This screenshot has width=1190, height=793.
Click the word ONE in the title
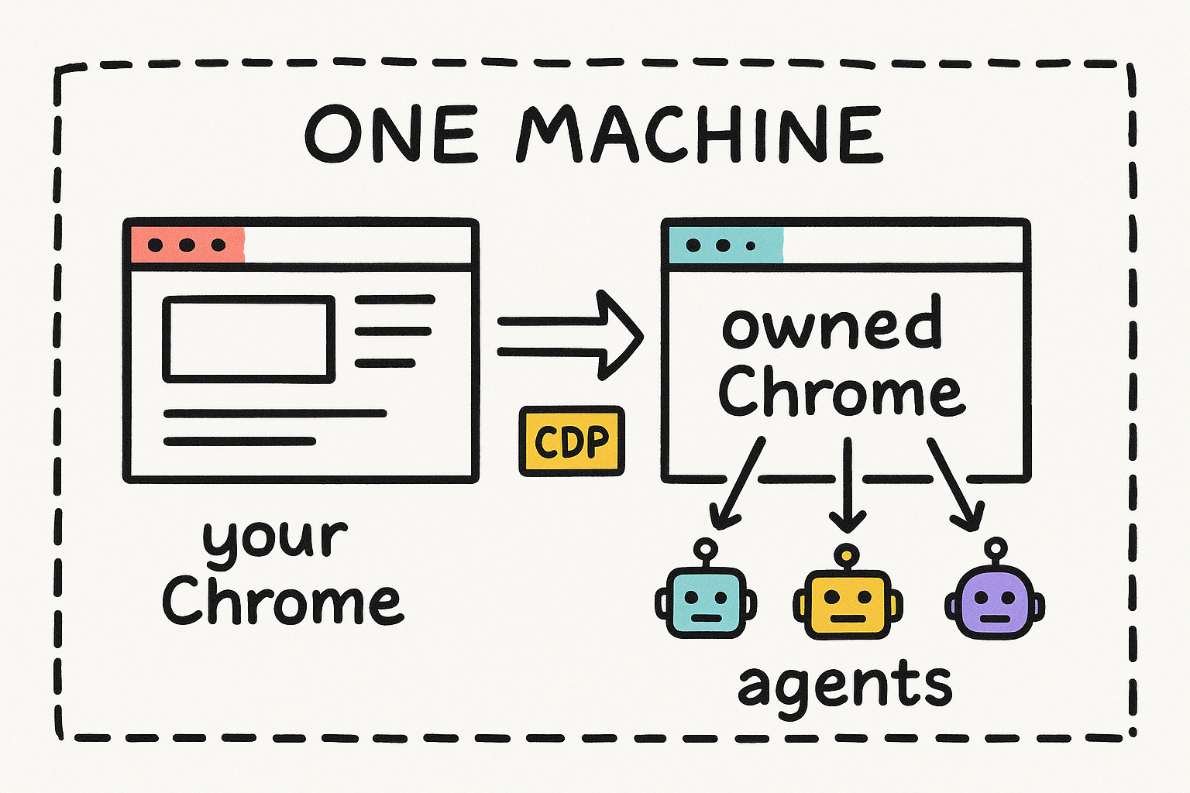(390, 134)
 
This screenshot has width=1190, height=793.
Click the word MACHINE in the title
(700, 134)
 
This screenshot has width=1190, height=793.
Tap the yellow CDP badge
(572, 441)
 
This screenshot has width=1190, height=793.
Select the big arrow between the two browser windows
(570, 335)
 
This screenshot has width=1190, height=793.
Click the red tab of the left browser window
(187, 245)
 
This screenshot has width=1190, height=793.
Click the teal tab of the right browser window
(726, 245)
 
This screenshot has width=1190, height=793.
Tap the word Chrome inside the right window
(842, 390)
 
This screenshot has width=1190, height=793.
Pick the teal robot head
(706, 602)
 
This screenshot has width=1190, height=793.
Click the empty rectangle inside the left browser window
(249, 339)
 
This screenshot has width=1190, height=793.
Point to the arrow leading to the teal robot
(738, 482)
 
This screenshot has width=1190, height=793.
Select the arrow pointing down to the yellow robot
(848, 485)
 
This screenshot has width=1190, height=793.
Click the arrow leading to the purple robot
(954, 484)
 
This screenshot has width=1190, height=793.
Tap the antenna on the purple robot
(996, 552)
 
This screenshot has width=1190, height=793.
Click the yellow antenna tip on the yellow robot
(847, 555)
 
